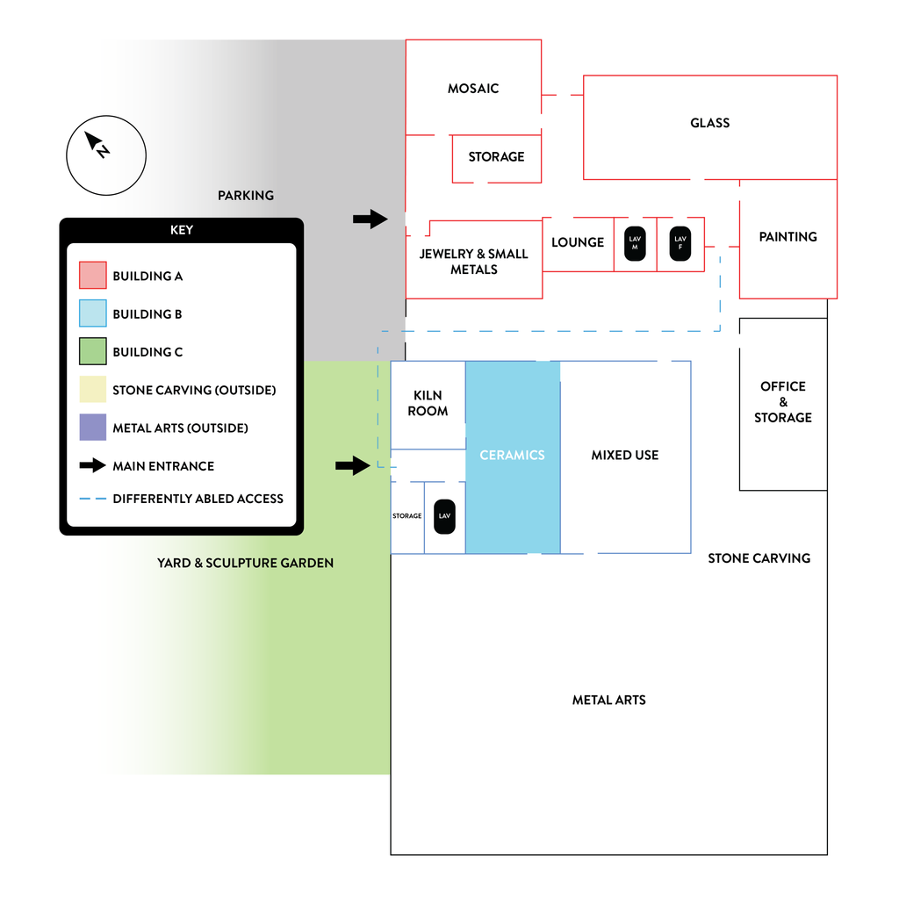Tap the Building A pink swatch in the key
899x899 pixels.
93,275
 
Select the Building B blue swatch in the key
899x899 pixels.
93,313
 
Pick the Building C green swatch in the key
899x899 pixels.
93,351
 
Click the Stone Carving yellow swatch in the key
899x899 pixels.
93,390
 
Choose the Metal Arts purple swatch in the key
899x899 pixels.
93,428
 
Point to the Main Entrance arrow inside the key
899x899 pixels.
92,465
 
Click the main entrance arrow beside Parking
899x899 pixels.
370,219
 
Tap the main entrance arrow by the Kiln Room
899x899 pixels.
353,465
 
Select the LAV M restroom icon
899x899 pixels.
635,244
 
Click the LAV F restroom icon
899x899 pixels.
680,244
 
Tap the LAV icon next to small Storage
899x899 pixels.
444,516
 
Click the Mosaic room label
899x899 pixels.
473,89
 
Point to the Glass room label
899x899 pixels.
709,123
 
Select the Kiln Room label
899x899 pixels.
428,403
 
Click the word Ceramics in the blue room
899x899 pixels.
512,456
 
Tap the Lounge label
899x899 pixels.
578,242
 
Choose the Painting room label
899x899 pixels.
788,237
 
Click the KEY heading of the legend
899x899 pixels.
182,230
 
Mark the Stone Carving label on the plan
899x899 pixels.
759,558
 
